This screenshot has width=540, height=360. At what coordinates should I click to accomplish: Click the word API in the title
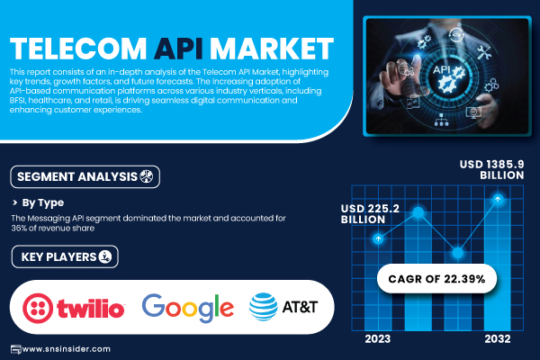coord(178,49)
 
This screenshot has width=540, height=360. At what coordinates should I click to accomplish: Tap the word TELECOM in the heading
coord(78,49)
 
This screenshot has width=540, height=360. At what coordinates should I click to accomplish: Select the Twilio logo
coord(74,308)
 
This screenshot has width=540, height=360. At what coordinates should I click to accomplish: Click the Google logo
coord(188,308)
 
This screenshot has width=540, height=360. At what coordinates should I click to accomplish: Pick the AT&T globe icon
coord(263,307)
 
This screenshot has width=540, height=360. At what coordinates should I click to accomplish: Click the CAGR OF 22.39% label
coord(436,279)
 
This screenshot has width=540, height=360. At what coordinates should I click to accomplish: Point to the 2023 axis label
coord(378,339)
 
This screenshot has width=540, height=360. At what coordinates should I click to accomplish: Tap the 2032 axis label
coord(498,339)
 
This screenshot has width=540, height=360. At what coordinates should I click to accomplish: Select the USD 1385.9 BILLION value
coord(491,169)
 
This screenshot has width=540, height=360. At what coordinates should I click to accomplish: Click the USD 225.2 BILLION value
coord(370,214)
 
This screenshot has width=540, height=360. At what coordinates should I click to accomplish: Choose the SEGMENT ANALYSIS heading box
coord(85,176)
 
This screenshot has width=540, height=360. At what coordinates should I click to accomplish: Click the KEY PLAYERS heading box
coord(65,256)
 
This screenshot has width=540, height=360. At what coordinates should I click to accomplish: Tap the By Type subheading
coord(42,202)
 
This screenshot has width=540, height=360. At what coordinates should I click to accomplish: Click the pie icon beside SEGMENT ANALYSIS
coord(147,176)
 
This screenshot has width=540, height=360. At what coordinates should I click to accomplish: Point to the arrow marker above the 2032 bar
coord(498,199)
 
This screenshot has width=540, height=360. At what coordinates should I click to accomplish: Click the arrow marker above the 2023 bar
coord(378,238)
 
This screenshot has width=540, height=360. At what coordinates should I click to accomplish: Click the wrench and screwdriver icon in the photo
coord(484,52)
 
